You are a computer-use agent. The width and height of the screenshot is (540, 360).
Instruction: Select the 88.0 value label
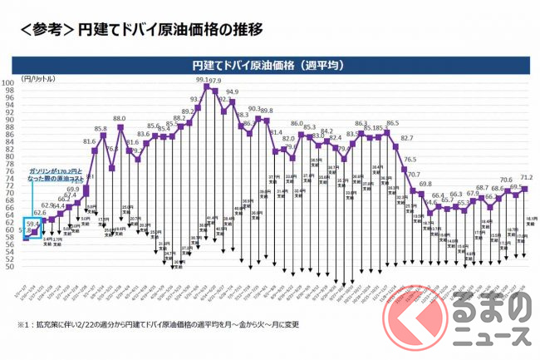point(120,119)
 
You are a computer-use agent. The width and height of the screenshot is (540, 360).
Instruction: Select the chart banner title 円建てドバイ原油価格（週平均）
point(270,63)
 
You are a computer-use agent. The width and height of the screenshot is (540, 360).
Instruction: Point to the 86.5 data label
point(392,123)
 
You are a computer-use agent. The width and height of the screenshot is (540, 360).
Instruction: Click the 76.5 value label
point(410,159)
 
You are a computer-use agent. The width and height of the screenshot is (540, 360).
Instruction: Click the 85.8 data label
point(101,129)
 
